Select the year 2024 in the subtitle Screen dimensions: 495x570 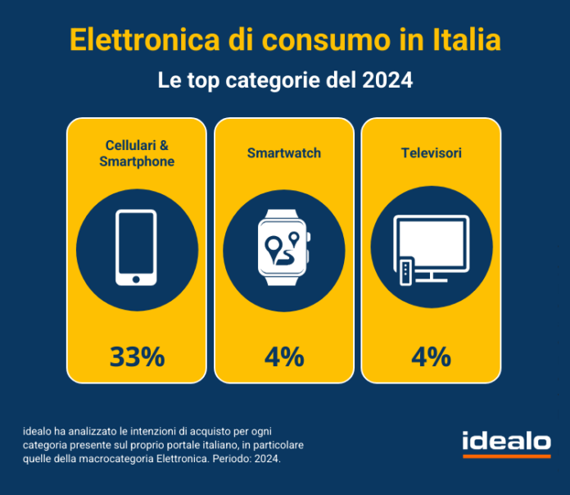click(384, 81)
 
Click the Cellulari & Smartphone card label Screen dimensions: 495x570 click(137, 153)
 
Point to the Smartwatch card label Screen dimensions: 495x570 click(284, 152)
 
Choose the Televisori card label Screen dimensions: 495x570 click(431, 152)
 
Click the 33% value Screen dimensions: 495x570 click(137, 356)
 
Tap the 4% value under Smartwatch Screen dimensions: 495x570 click(284, 356)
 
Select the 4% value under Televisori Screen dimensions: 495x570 click(431, 356)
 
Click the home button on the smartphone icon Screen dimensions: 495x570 click(137, 279)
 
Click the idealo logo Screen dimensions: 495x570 click(505, 441)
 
